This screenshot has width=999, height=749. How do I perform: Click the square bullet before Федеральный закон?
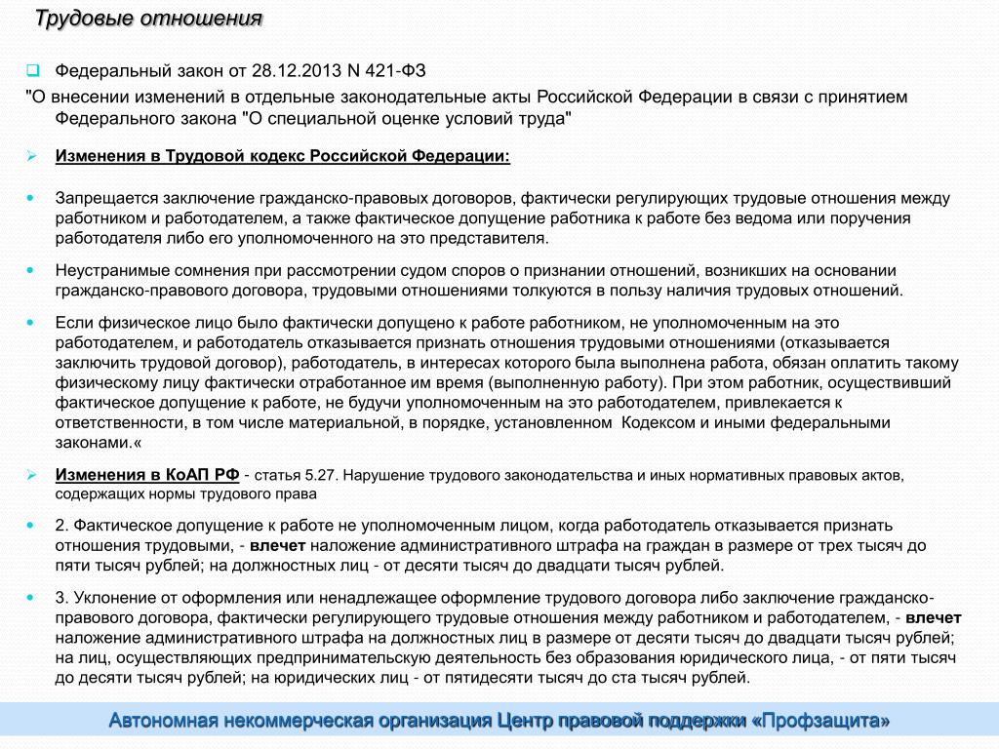pos(31,70)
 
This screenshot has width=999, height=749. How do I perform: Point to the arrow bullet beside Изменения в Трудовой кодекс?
pos(31,156)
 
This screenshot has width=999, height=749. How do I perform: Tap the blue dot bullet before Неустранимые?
pos(31,269)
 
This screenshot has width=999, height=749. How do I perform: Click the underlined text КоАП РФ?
pos(194,474)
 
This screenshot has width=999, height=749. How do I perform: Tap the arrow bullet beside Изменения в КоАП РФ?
pos(31,474)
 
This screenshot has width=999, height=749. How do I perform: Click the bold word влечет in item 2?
pos(278,545)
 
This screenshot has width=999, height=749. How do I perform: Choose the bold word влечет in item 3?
pos(934,617)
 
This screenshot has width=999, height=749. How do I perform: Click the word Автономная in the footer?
pos(165,722)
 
